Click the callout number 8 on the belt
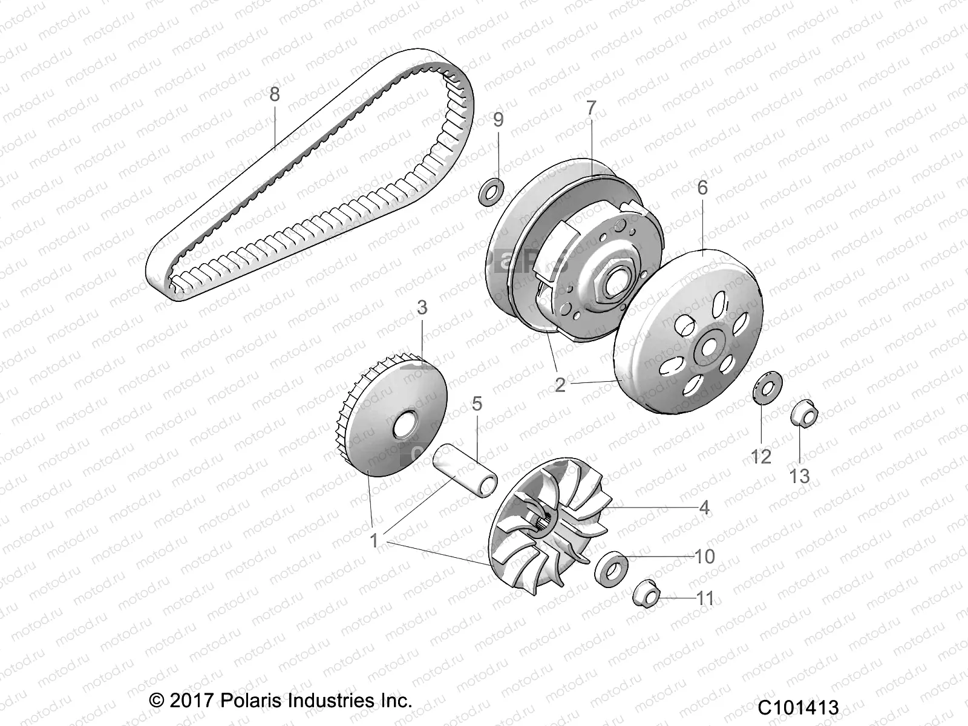[275, 94]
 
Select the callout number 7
[590, 108]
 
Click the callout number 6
[702, 188]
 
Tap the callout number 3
[422, 307]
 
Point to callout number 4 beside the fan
[704, 507]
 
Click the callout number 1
[374, 540]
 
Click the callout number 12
[761, 457]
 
